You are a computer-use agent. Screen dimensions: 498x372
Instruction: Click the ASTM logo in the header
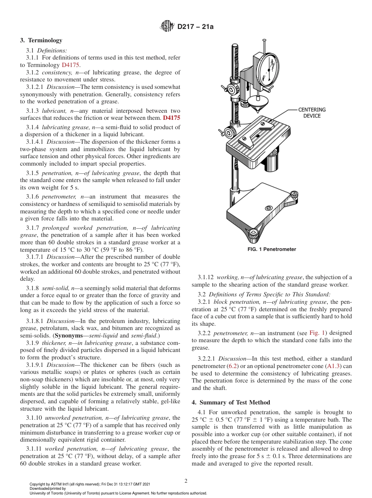click(168, 27)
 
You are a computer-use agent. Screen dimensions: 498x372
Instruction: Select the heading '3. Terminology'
click(41, 40)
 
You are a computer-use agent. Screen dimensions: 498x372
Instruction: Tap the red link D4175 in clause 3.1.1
click(70, 65)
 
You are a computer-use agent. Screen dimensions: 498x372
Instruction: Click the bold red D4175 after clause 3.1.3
click(172, 117)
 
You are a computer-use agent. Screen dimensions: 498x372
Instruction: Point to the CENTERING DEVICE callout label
click(312, 113)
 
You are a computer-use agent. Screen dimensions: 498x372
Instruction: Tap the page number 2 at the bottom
click(186, 481)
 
